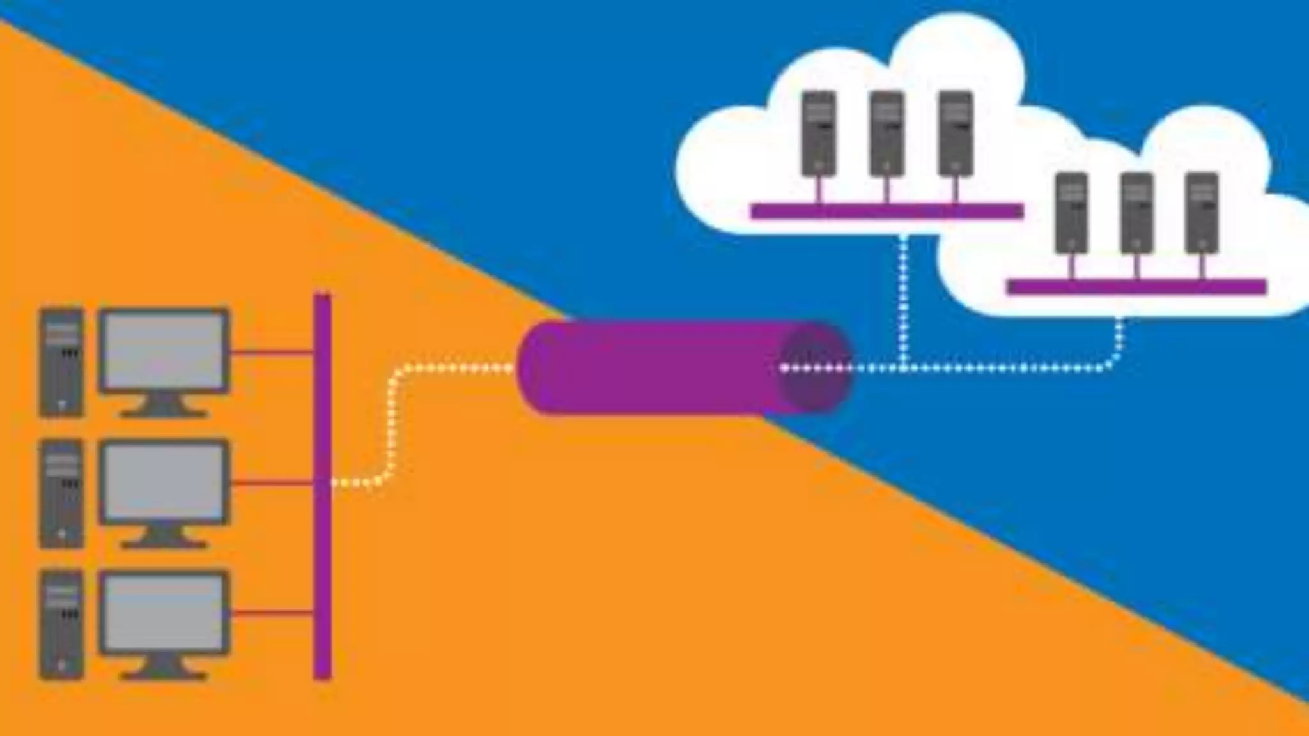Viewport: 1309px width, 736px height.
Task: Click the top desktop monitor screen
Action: pyautogui.click(x=164, y=350)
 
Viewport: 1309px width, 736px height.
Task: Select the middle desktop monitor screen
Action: pyautogui.click(x=164, y=481)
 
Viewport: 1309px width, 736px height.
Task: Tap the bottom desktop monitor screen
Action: pyautogui.click(x=164, y=612)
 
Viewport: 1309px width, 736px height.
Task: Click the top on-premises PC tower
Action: pyautogui.click(x=61, y=362)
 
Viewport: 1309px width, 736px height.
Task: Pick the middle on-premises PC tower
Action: pyautogui.click(x=61, y=493)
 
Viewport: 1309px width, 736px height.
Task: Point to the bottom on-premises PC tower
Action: pyautogui.click(x=61, y=624)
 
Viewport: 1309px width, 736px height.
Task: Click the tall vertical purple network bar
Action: pyautogui.click(x=322, y=486)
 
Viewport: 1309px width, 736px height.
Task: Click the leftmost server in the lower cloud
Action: pyautogui.click(x=1071, y=213)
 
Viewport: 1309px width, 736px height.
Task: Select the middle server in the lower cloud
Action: pyautogui.click(x=1137, y=213)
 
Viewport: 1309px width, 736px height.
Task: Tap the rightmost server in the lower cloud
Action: pyautogui.click(x=1202, y=213)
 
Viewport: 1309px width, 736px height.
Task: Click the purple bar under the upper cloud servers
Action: pyautogui.click(x=887, y=211)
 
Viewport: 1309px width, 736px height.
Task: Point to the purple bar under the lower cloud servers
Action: pyautogui.click(x=1136, y=287)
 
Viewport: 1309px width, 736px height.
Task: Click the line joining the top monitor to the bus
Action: pyautogui.click(x=272, y=351)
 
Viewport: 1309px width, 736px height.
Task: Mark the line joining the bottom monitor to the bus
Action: pyautogui.click(x=272, y=613)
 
